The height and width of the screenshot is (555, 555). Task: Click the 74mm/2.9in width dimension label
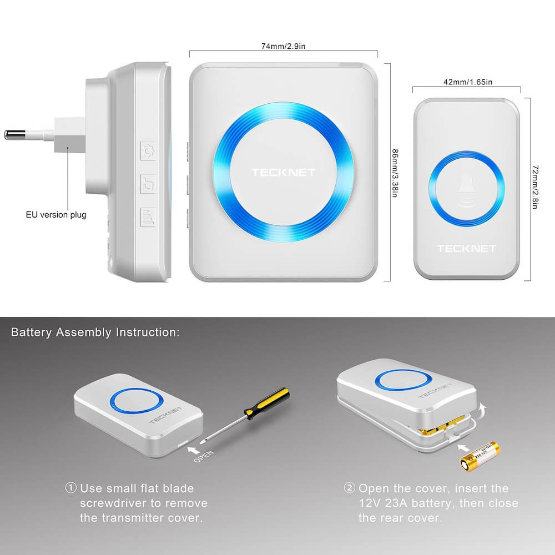pos(283,46)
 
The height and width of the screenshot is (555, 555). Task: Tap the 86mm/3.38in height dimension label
pos(395,173)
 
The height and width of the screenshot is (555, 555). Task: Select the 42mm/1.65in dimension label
pos(467,82)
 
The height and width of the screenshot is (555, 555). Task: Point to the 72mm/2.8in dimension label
pos(535,186)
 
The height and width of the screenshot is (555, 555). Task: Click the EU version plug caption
pos(56,215)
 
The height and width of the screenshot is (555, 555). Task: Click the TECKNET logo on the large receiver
pos(283,173)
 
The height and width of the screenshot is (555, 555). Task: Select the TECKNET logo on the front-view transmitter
pos(467,249)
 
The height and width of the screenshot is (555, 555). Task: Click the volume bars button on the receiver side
pos(148,217)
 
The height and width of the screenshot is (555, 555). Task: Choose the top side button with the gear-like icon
pos(148,151)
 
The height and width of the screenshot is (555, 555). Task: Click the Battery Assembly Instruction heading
pos(95,332)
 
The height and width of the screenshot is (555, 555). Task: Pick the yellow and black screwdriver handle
pos(267,404)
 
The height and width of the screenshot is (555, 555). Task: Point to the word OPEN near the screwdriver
pos(204,456)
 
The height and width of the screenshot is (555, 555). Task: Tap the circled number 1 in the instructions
pos(71,488)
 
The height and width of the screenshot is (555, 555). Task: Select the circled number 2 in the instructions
pos(349,488)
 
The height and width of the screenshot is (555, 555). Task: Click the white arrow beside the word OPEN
pos(193,450)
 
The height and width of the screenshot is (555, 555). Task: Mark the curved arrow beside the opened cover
pos(482,410)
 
